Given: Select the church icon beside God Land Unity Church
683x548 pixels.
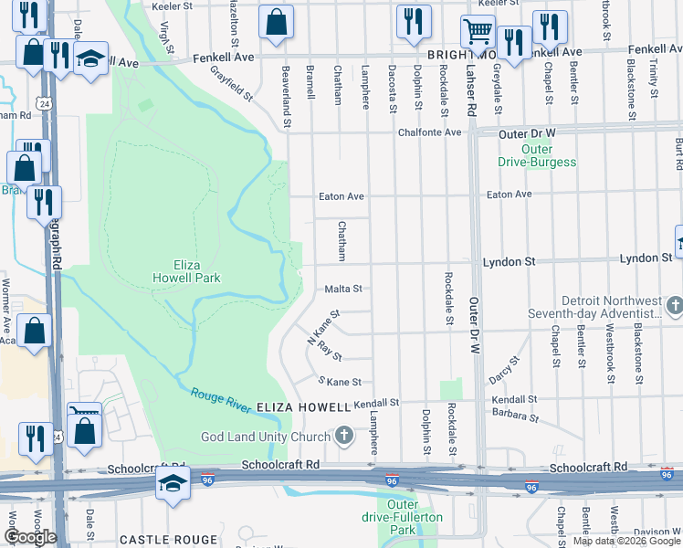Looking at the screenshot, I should (343, 436).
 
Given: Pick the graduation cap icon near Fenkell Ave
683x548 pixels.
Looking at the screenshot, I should (90, 58).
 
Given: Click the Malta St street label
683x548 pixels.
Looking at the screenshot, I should (343, 289).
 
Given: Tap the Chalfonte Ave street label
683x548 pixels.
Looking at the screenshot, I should (429, 132).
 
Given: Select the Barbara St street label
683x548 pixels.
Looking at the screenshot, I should (515, 416).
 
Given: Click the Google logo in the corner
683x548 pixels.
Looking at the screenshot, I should (30, 537).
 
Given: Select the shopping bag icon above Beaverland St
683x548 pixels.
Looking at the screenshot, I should (276, 22).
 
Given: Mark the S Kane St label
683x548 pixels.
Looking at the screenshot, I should (340, 381).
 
